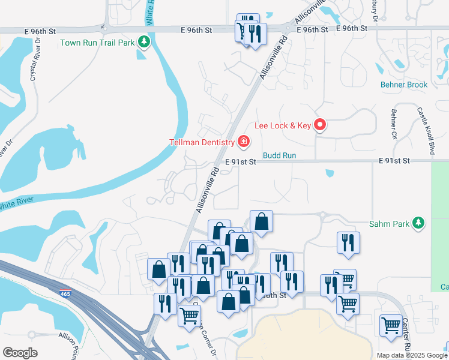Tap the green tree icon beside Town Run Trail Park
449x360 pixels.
click(143, 42)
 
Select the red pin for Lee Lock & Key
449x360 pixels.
click(321, 125)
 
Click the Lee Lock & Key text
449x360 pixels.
click(283, 125)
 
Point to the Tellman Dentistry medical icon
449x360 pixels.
click(244, 142)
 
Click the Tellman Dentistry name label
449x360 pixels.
click(201, 142)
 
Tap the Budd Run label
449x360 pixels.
click(280, 155)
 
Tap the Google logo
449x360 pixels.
click(20, 353)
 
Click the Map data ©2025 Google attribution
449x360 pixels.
click(411, 355)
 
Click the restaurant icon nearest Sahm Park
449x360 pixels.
click(348, 242)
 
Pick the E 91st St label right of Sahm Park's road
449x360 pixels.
click(394, 161)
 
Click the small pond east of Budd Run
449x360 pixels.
click(329, 175)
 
